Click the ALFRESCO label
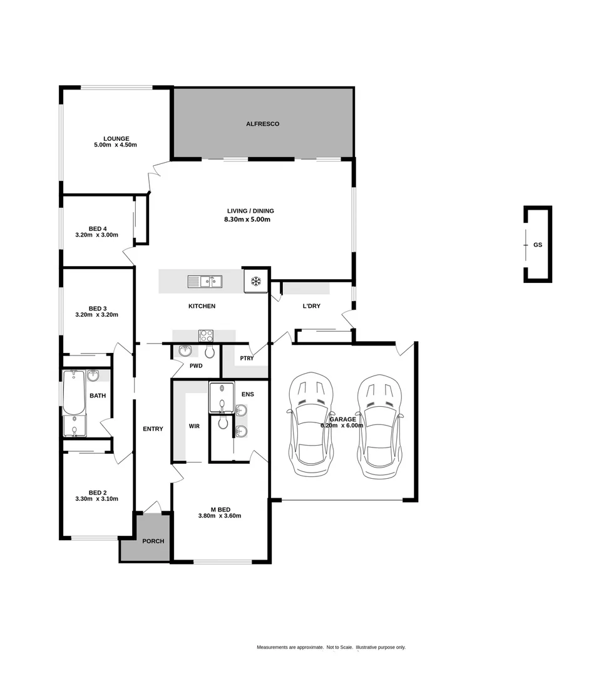coord(262,124)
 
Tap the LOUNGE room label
coord(116,138)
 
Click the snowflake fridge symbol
coord(255,281)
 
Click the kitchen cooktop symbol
coord(206,335)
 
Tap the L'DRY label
coord(311,306)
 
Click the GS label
coord(538,245)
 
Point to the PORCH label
coord(153,541)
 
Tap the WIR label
coord(194,426)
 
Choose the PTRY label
coord(247,359)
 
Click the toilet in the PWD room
coord(210,351)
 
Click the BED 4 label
coord(96,228)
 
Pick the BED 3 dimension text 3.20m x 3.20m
coord(96,315)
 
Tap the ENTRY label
coord(153,429)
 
